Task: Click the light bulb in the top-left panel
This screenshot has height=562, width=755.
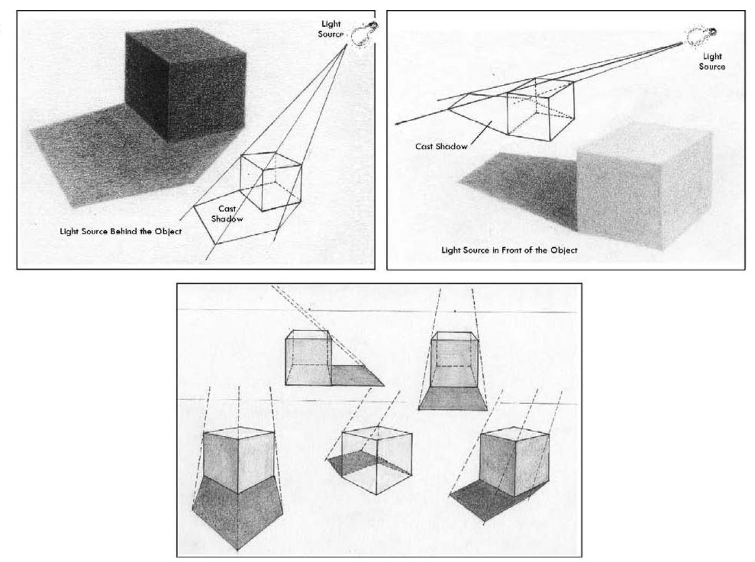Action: (363, 34)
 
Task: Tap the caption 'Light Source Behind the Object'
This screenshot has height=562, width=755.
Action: (121, 231)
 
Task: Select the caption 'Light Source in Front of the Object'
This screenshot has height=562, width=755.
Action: (509, 250)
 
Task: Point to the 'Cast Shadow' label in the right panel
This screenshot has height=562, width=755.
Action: (441, 146)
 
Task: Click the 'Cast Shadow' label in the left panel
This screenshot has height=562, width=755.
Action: (227, 214)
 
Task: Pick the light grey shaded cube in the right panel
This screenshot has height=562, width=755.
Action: (643, 189)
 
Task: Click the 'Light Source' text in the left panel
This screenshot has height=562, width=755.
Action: (331, 29)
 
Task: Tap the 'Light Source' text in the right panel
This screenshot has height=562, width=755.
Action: (712, 61)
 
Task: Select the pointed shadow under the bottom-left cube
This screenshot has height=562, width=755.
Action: (237, 512)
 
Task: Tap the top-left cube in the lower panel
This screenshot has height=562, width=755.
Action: (307, 358)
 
